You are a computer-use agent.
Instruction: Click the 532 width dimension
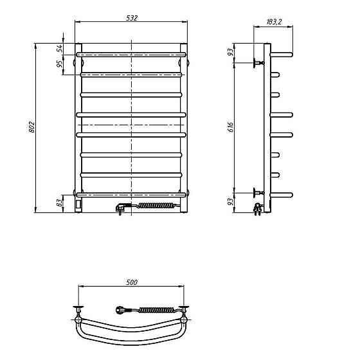pos(132,18)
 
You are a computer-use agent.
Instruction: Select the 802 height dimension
pos(32,127)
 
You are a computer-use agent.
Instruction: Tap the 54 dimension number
pos(59,48)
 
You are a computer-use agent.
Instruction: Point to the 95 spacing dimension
pos(59,64)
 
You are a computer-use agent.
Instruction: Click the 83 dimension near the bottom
pos(59,203)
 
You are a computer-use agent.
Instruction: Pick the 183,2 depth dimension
pos(274,22)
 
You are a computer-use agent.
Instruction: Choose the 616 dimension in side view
pos(231,127)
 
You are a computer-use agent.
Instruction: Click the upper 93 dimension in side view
pos(231,52)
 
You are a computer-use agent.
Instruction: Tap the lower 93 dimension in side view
pos(231,202)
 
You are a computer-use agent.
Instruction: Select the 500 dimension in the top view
pos(132,282)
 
